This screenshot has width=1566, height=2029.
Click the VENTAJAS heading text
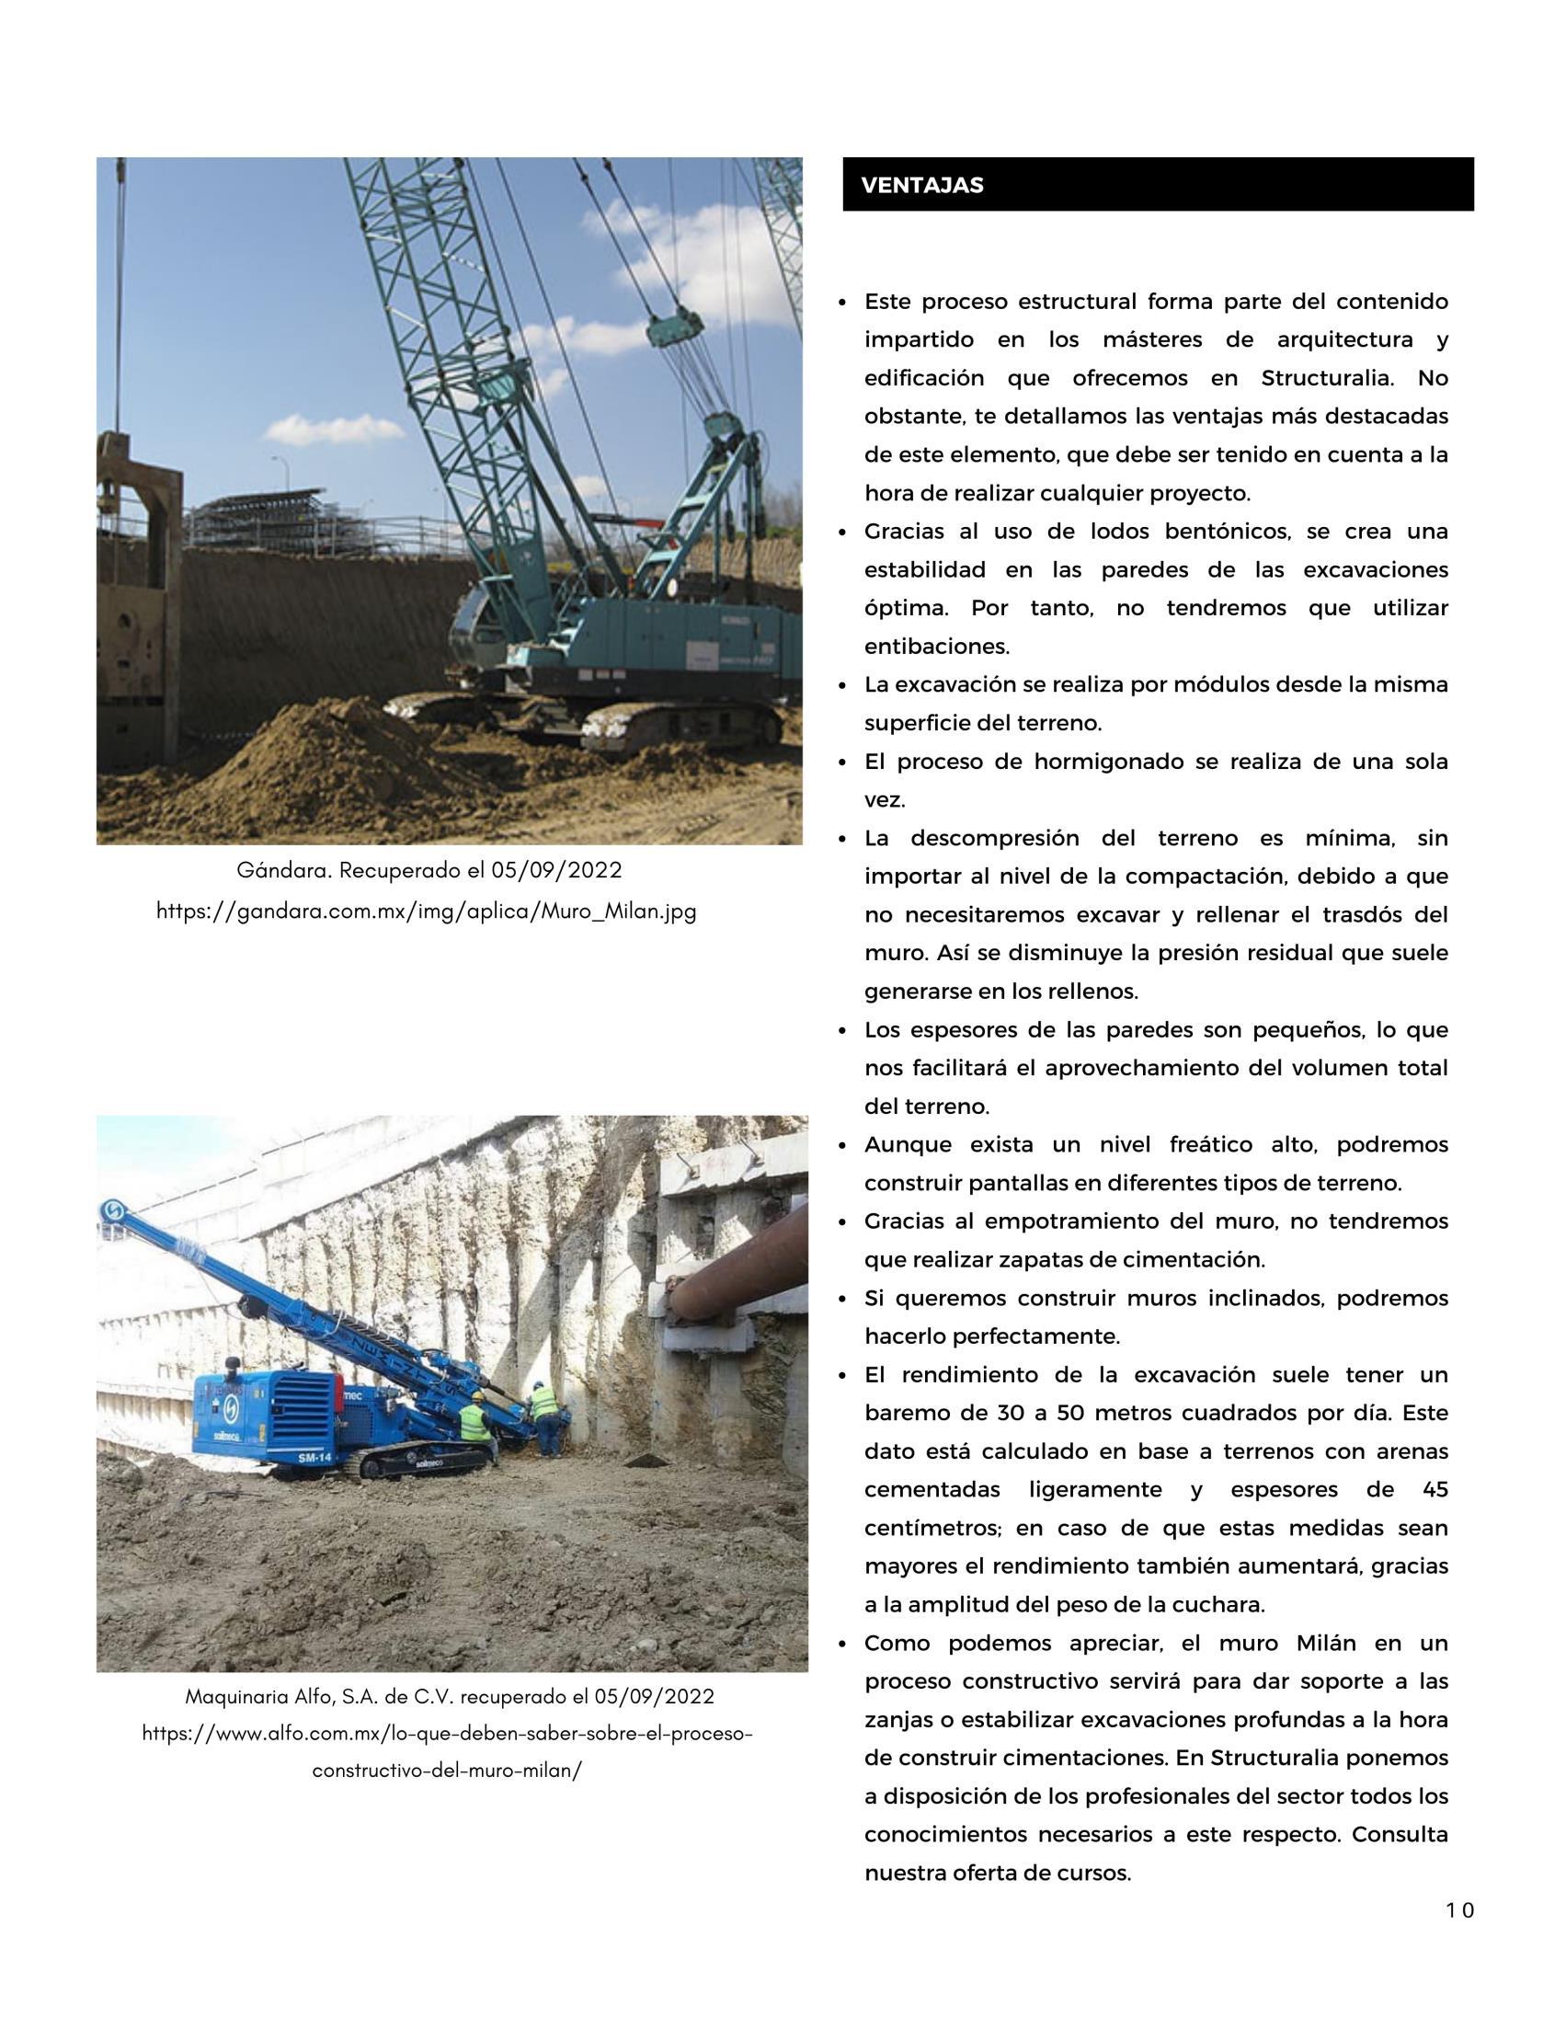[x=921, y=185]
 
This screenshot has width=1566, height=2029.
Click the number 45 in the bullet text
[x=1435, y=1489]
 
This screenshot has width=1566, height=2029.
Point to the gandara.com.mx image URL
[x=427, y=911]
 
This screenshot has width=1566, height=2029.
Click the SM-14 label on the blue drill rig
[x=314, y=1458]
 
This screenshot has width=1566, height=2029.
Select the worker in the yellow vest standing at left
[x=474, y=1423]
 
